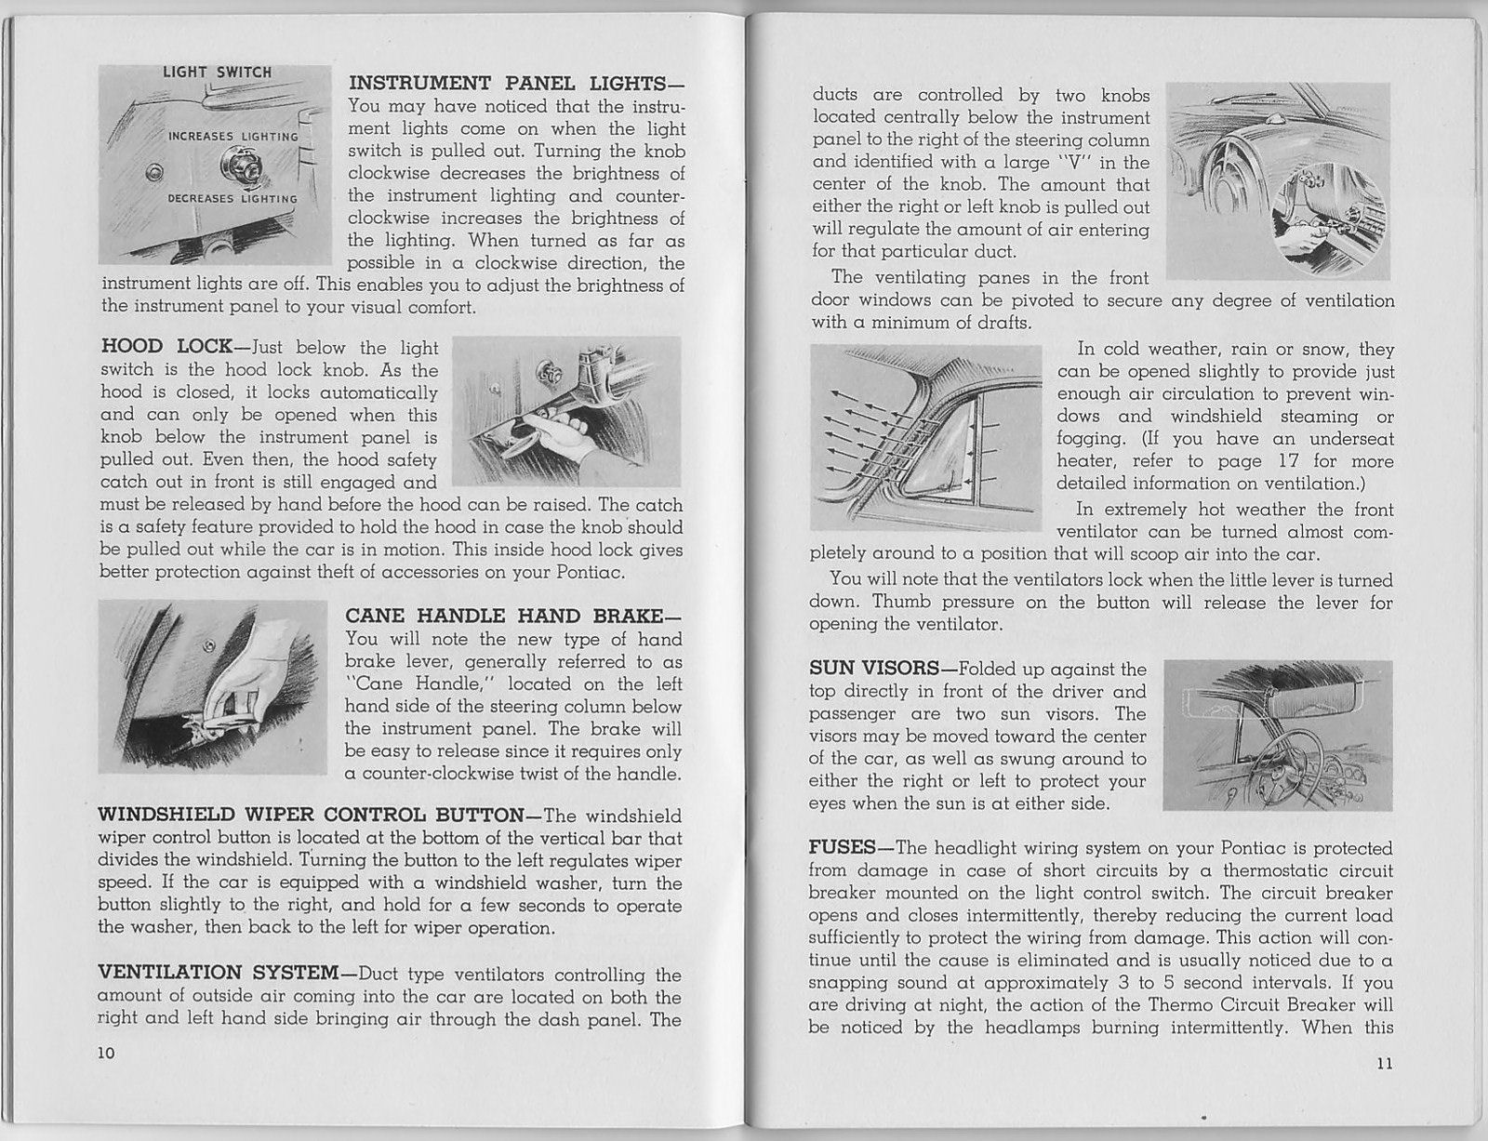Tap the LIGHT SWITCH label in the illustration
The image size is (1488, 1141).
point(218,73)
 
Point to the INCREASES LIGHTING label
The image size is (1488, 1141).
point(232,137)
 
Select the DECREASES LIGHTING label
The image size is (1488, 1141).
point(232,198)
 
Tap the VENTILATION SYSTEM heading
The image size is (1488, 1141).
point(218,974)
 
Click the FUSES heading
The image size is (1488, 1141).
point(843,848)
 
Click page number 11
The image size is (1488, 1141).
point(1383,1066)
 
